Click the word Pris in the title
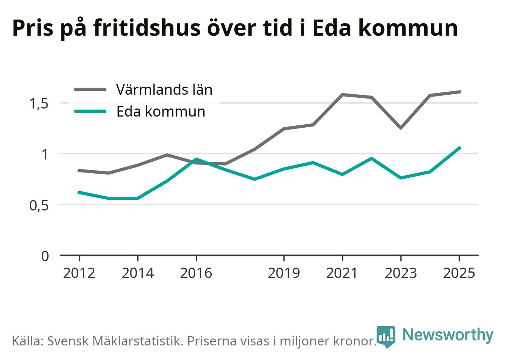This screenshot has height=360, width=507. coord(33,28)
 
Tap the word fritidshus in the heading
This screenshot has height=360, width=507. coord(147,28)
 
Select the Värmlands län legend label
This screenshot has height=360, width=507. coord(164,90)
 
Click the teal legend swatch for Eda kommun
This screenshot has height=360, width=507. coord(90,111)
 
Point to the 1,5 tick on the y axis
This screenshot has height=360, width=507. coord(39,104)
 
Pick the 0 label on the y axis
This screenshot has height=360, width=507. coord(45,256)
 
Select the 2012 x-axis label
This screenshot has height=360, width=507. coord(79,273)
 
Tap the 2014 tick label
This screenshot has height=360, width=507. coord(138,273)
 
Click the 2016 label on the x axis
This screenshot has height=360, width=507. coord(196,273)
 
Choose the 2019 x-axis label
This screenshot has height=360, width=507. coord(284,273)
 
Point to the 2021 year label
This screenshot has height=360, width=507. coord(342,273)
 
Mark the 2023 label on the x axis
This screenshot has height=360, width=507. coord(401,273)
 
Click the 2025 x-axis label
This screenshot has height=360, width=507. coord(459,273)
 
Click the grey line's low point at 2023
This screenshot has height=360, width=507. coord(401,128)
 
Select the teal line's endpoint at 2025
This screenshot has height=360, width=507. coord(460,148)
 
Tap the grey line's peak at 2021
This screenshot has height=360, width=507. coord(342,94)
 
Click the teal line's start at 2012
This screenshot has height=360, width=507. coord(79,192)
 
